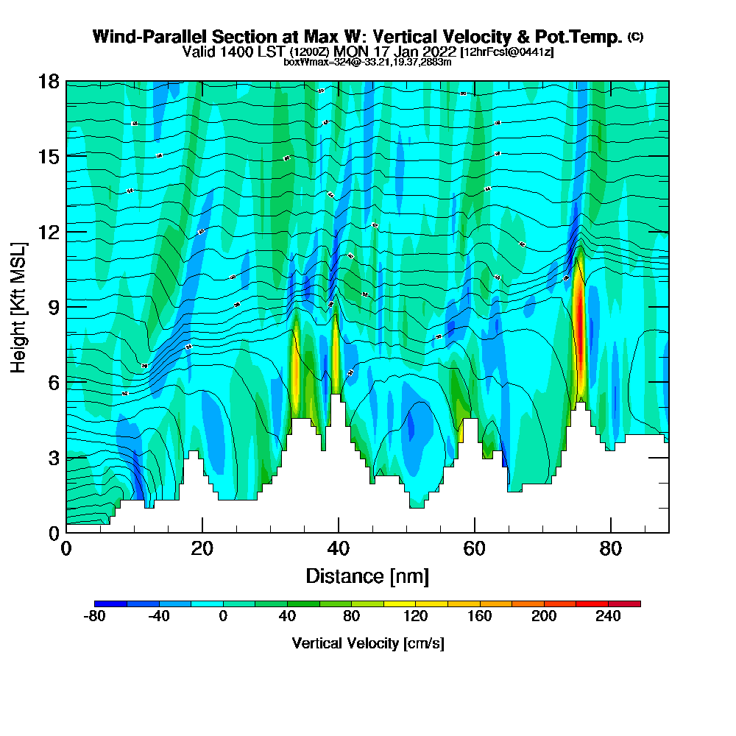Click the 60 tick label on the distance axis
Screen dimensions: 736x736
475,549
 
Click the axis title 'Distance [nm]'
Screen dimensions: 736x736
367,576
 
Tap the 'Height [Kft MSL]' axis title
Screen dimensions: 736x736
19,306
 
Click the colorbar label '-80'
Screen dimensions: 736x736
95,617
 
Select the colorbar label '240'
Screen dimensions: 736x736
608,617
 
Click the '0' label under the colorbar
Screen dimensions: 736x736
223,617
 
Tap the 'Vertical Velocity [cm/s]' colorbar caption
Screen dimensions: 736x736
367,643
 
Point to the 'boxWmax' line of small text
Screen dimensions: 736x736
367,62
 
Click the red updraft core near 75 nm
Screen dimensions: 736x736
579,331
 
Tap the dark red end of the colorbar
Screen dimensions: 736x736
632,604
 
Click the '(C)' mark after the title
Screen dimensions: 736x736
635,36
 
